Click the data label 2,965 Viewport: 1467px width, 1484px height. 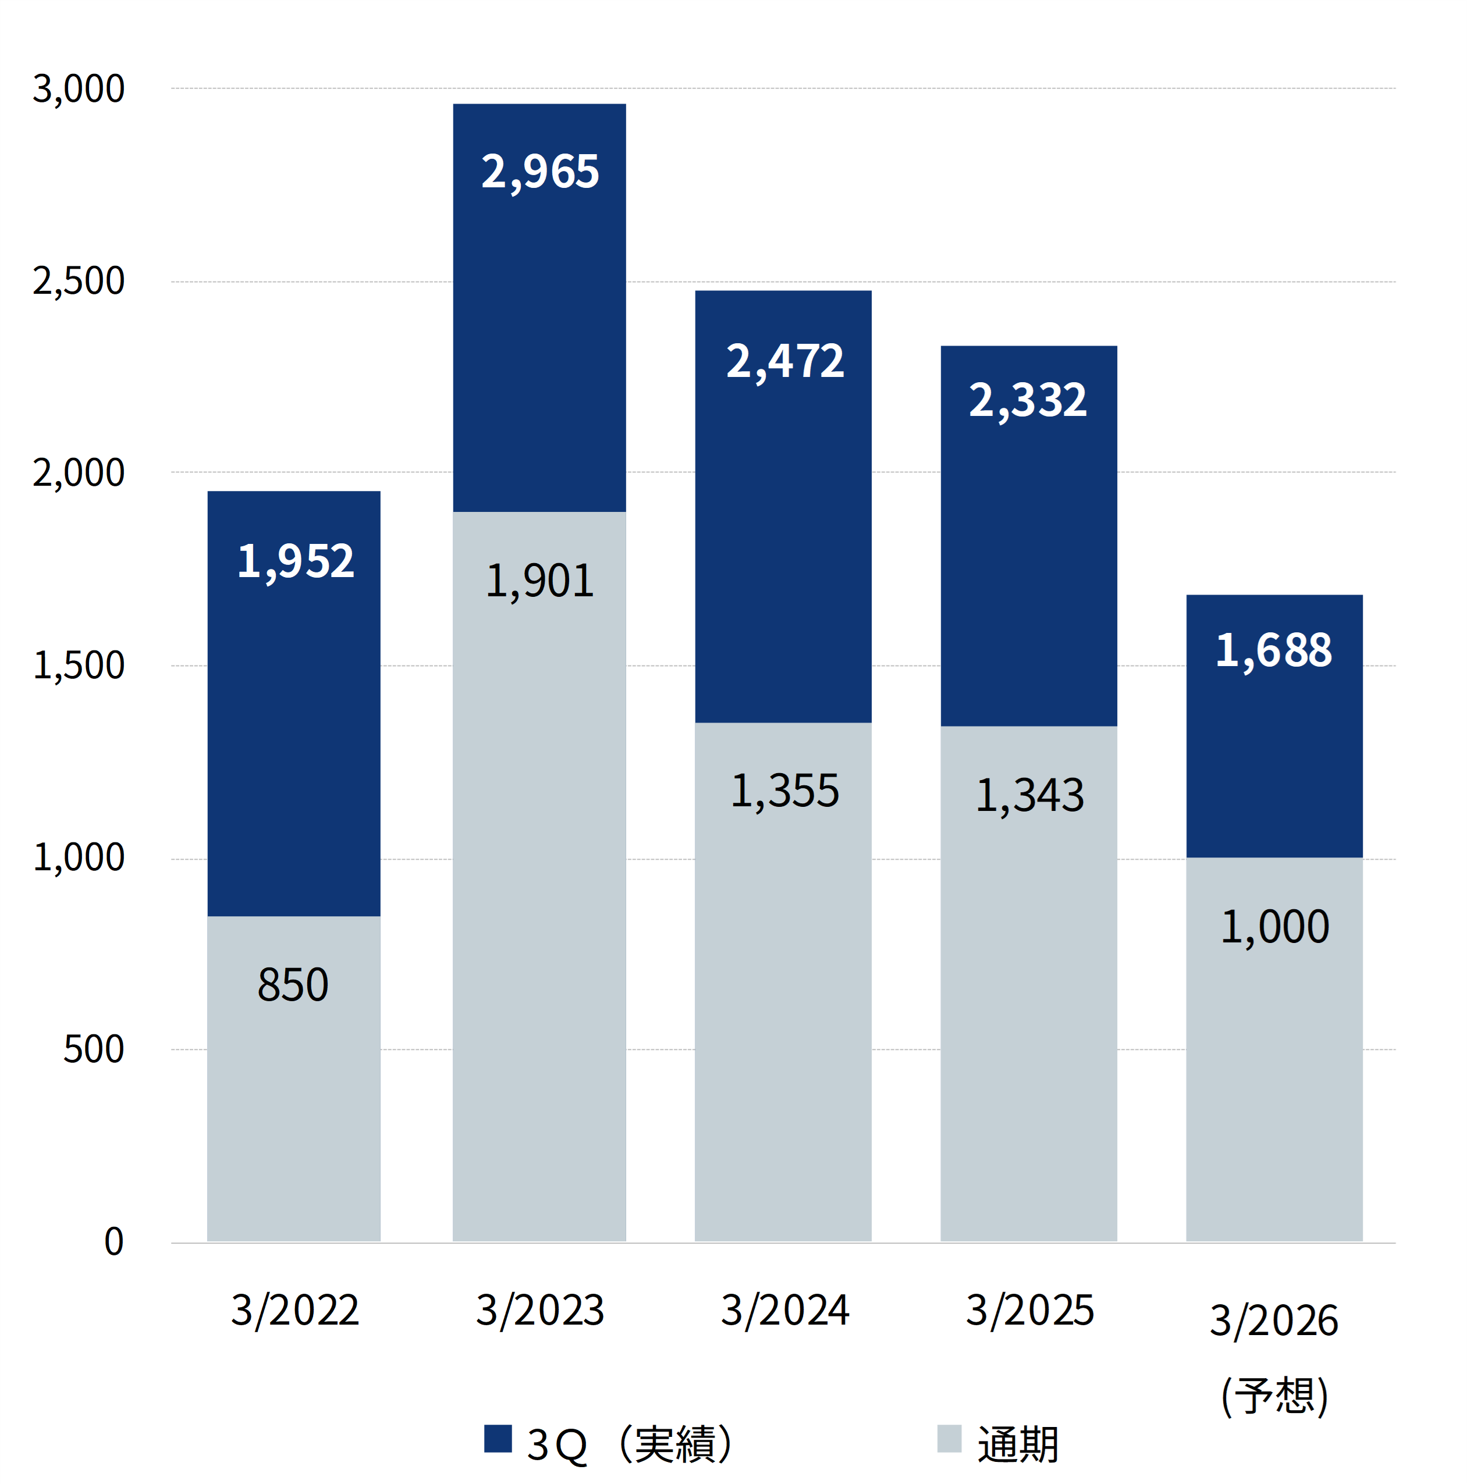coord(539,171)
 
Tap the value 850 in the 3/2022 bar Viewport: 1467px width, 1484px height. coord(293,985)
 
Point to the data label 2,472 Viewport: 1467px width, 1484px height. coord(784,361)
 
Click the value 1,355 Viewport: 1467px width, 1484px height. coord(784,791)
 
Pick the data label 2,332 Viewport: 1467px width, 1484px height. coord(1028,400)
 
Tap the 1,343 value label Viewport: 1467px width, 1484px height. coord(1030,795)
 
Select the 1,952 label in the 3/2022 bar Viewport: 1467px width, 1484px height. coord(295,561)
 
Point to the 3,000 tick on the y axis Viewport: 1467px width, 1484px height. coord(79,89)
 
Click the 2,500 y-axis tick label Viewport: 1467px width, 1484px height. coord(79,281)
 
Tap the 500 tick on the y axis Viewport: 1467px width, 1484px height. coord(93,1049)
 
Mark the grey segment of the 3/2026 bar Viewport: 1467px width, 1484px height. coord(1274,1060)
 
